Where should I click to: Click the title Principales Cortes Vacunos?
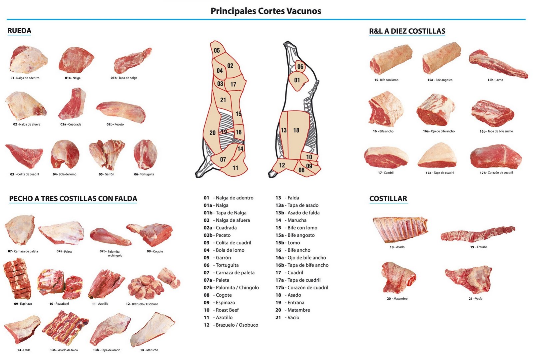tap(266, 11)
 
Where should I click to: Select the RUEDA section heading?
tap(19, 31)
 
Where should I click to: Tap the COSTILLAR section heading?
tap(388, 199)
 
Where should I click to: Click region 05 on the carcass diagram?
tap(217, 50)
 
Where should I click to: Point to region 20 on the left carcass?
tap(212, 133)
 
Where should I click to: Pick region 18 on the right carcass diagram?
tap(296, 130)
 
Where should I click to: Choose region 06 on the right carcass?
tap(300, 67)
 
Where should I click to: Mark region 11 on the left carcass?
tap(236, 168)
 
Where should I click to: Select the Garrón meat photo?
tap(107, 154)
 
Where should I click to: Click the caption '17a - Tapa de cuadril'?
tap(440, 173)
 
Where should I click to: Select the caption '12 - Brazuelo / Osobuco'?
tap(142, 304)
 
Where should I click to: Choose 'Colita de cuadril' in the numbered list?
tap(233, 243)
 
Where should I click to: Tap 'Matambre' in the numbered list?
tap(298, 310)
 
